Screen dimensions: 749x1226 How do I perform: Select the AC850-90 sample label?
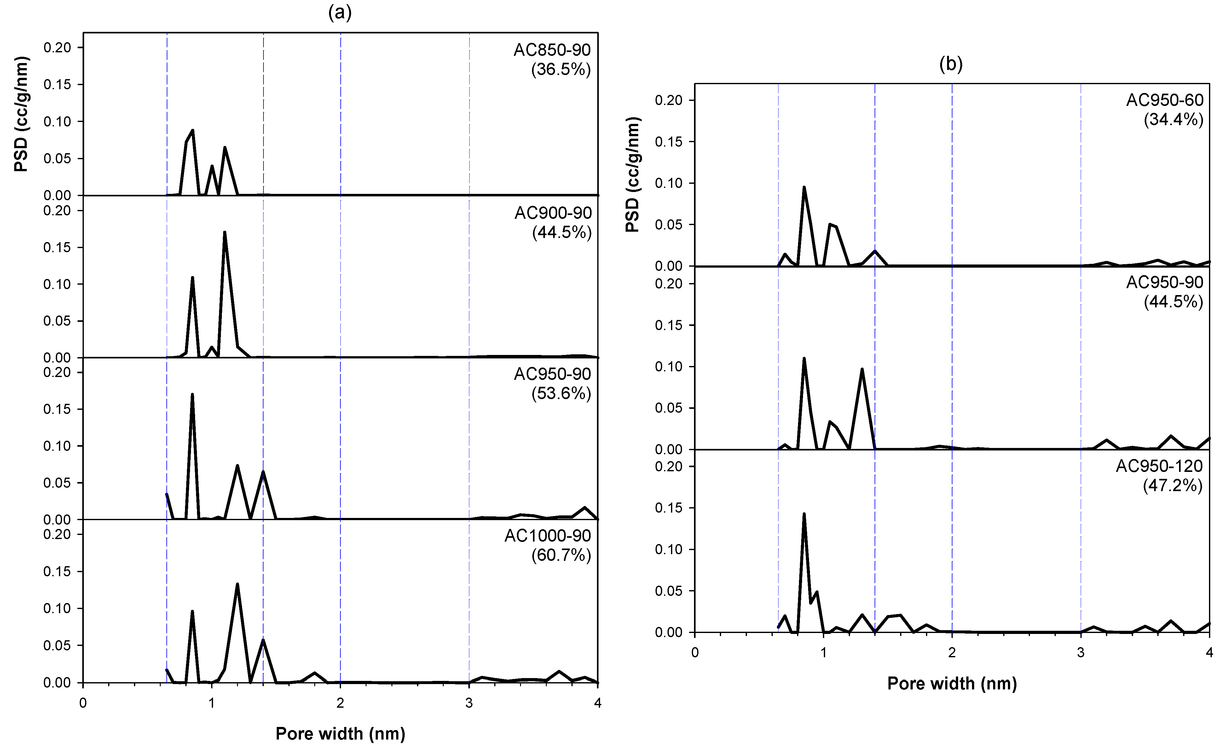[x=552, y=50]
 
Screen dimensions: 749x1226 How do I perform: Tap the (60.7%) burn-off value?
[x=561, y=555]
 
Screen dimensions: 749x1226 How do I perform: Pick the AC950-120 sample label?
[x=1159, y=466]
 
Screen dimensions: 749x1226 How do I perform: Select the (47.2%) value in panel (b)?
[x=1173, y=485]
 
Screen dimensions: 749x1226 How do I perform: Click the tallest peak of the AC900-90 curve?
[x=225, y=232]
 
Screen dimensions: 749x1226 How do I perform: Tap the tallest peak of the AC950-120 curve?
[x=804, y=514]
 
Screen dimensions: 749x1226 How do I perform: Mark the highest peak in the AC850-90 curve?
[x=193, y=131]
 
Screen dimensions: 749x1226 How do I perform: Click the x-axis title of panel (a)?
[x=340, y=734]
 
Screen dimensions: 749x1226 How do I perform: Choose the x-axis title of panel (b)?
[x=952, y=683]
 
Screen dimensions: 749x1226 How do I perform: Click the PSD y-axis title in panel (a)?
[x=21, y=114]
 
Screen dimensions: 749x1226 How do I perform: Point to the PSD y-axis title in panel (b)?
[x=633, y=175]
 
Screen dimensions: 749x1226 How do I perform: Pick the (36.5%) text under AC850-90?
[x=561, y=69]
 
